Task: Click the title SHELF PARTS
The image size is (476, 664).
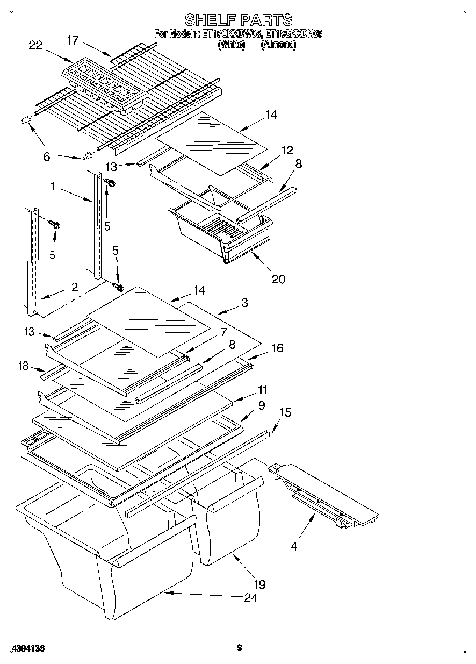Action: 238,20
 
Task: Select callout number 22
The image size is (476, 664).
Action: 35,46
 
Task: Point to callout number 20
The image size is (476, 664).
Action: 278,279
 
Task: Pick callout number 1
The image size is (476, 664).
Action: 53,186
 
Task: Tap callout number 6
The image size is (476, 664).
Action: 47,157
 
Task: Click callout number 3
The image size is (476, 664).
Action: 244,303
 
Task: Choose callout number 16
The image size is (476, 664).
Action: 277,348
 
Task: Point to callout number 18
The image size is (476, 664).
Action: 23,367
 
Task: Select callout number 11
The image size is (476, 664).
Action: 262,390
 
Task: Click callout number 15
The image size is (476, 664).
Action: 285,412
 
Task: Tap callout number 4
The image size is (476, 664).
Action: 293,547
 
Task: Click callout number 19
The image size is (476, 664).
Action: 259,584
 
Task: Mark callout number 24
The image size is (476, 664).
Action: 250,598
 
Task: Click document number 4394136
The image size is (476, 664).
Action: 26,649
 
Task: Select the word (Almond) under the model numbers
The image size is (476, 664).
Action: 278,45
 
